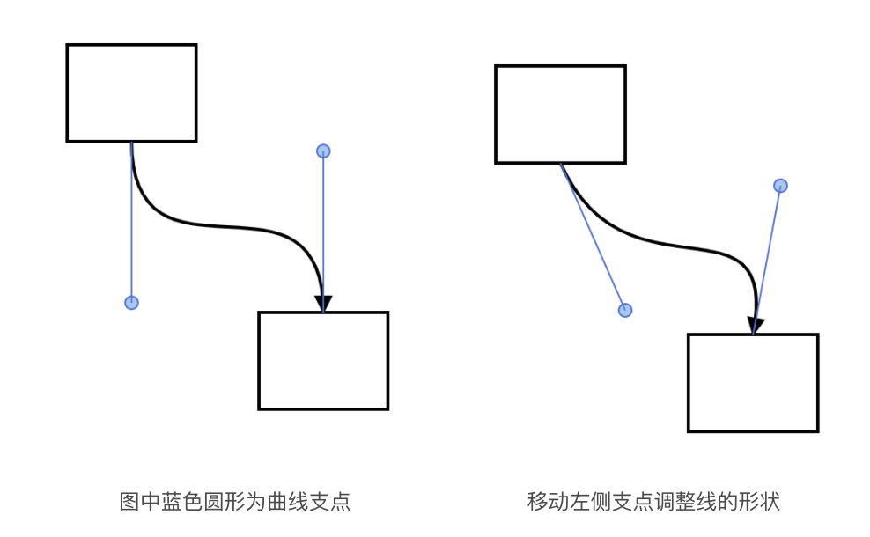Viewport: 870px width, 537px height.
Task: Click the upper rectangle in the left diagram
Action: [x=131, y=92]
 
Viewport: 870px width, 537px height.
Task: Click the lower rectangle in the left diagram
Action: [x=323, y=360]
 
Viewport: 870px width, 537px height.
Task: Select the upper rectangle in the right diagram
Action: [x=560, y=114]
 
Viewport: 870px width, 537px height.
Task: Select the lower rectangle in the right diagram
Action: [x=753, y=383]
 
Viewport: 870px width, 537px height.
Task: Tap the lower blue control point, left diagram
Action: [x=131, y=303]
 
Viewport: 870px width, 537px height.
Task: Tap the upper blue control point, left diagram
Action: [x=323, y=151]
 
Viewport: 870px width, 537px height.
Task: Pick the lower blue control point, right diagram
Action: [x=625, y=310]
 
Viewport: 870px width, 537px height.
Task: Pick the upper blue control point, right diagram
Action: [x=780, y=186]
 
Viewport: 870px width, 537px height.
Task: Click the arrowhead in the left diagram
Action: [x=323, y=302]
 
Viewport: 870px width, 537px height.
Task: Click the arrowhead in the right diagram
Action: [x=755, y=325]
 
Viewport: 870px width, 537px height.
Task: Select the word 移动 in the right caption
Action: [x=549, y=502]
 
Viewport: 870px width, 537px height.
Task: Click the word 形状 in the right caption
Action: [x=758, y=502]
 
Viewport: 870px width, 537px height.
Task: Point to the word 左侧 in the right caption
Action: [x=591, y=502]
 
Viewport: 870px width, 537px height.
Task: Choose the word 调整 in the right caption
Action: [x=674, y=502]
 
